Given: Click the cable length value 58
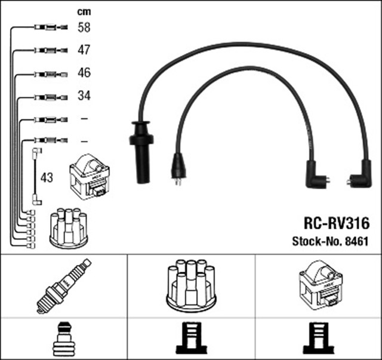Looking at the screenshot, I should coord(84,27).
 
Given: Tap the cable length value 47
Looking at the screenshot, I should coord(84,50).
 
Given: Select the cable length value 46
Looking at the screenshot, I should coord(84,73).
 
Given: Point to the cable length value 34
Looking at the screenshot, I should coord(84,96).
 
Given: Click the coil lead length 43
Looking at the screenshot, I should coord(47,178).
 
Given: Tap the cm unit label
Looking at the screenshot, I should coord(84,11).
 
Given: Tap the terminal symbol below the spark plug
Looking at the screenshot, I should coord(64,339).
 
